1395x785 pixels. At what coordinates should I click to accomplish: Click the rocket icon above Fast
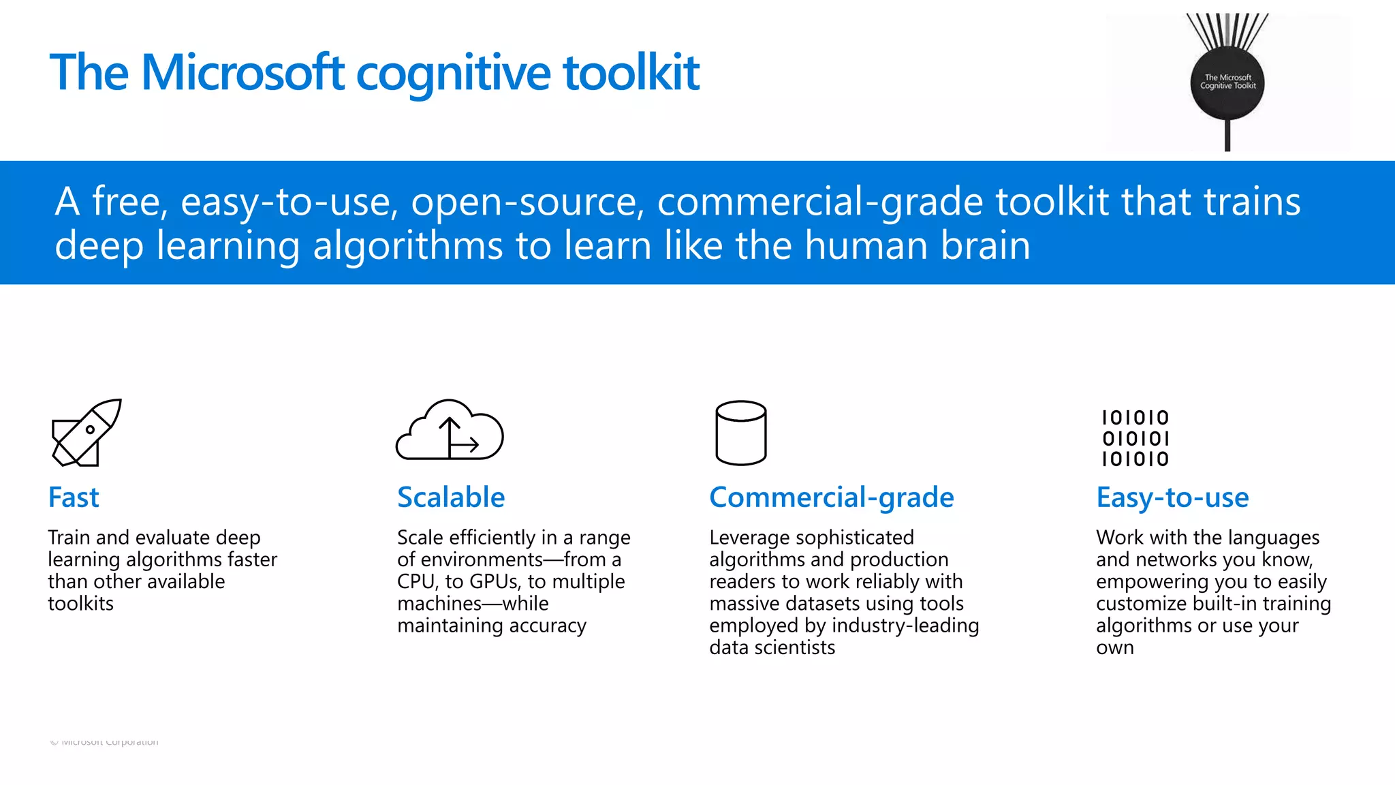tap(87, 433)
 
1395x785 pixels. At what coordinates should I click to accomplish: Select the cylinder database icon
tap(741, 433)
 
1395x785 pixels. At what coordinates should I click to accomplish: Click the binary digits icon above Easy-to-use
tap(1135, 438)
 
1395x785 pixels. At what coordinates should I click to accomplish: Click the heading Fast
tap(74, 497)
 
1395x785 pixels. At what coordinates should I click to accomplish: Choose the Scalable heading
tap(451, 497)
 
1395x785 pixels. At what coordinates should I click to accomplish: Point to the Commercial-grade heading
tap(831, 497)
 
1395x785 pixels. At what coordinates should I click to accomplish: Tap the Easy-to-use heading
tap(1172, 497)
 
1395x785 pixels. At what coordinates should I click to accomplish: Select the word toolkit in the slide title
tap(631, 72)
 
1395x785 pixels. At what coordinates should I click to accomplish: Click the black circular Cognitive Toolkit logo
tap(1227, 82)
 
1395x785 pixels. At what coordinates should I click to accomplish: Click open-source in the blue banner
tap(527, 202)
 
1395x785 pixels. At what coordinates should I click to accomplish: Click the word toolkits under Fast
tap(80, 604)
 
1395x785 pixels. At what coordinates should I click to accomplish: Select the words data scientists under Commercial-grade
tap(772, 647)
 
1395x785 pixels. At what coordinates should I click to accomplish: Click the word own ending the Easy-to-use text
tap(1114, 647)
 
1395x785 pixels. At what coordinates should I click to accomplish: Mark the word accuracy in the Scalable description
tap(548, 626)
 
